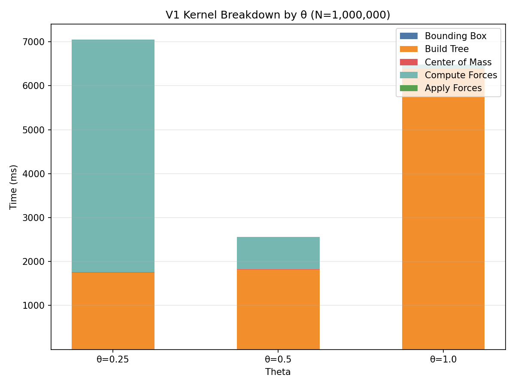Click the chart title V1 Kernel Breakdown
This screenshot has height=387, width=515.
[278, 15]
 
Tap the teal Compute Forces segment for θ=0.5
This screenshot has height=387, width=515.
[278, 253]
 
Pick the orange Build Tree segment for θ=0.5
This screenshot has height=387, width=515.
[278, 309]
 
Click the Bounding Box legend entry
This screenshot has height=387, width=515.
[455, 36]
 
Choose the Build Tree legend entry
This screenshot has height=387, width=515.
[446, 49]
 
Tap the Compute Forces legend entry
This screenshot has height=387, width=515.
[460, 75]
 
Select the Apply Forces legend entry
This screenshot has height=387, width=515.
[453, 88]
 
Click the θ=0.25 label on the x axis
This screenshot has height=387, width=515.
[113, 360]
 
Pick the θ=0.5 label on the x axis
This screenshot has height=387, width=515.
[278, 360]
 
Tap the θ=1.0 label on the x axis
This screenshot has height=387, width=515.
[443, 360]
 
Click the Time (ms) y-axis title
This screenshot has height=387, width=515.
[14, 187]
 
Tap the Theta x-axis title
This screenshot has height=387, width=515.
[278, 372]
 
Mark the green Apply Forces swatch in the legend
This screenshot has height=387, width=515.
[408, 88]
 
